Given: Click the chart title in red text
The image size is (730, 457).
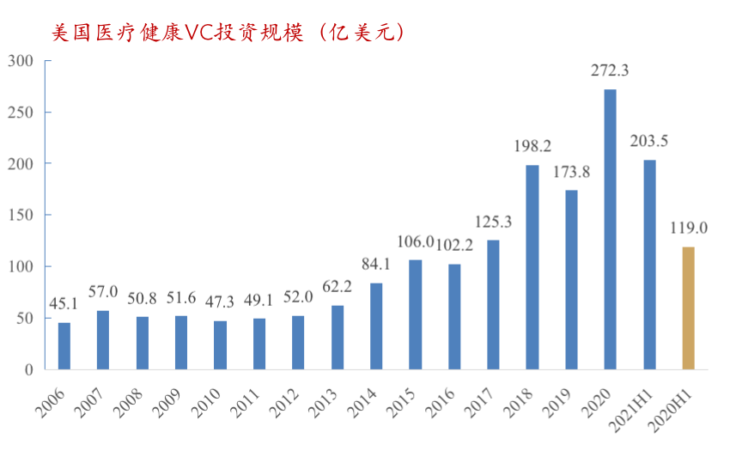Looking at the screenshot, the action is tap(228, 33).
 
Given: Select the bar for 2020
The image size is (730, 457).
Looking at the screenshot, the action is tap(610, 229).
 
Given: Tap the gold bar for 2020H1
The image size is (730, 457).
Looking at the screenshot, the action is tap(688, 308).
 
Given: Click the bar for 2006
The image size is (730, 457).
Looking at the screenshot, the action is tap(64, 346).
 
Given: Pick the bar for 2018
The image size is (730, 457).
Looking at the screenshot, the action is tap(532, 267).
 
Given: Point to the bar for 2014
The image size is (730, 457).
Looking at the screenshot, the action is tap(376, 326).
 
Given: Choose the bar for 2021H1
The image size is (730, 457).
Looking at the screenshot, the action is tap(649, 265).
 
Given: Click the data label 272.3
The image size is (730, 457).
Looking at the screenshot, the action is tap(610, 70).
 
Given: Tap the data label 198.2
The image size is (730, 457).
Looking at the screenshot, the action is tap(532, 146).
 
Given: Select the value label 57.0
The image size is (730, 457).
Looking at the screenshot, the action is tap(103, 292).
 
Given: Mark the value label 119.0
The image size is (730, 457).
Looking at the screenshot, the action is tap(689, 228).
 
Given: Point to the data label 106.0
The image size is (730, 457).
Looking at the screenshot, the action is tap(416, 241).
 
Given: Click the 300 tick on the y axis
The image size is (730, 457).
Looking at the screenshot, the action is tap(21, 61).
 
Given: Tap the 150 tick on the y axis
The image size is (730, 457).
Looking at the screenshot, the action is tap(21, 216).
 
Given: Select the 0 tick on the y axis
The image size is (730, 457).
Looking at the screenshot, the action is tap(29, 370).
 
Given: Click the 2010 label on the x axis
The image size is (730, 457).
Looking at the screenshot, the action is tap(205, 404).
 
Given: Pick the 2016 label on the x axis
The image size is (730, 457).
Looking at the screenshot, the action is tap(440, 404).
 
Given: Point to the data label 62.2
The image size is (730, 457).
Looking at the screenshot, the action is tap(337, 287).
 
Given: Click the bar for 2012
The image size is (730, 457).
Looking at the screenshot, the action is tap(298, 343).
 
